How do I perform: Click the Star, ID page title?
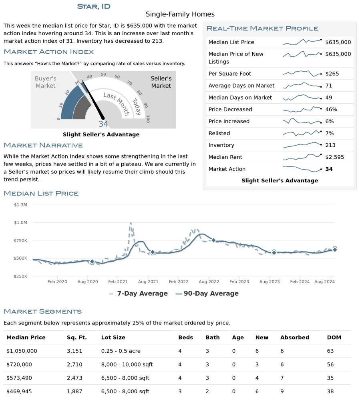click(94, 6)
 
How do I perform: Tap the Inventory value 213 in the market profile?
click(330, 145)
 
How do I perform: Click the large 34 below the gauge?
click(103, 124)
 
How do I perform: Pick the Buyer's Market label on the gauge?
click(45, 82)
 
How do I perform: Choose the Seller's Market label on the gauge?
click(161, 82)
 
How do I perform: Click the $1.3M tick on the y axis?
click(20, 204)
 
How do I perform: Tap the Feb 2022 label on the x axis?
click(178, 282)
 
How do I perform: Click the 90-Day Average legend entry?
click(207, 294)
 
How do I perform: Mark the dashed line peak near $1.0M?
click(131, 224)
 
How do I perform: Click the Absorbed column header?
click(295, 337)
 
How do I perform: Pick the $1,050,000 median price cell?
click(22, 351)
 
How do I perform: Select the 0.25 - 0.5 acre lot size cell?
click(121, 351)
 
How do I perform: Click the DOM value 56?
click(330, 364)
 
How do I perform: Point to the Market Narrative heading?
click(43, 145)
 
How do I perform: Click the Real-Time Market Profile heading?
click(262, 28)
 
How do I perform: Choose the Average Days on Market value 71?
click(329, 86)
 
